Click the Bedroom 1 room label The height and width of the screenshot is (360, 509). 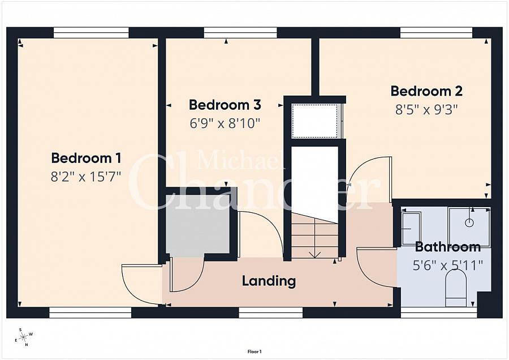point(86,158)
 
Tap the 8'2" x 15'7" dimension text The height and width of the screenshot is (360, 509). point(86,177)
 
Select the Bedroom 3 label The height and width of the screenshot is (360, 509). point(225,105)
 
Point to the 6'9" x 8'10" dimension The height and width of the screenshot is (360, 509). point(225,124)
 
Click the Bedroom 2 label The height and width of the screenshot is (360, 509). point(426,91)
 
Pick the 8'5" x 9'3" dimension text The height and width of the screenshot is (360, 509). point(426,110)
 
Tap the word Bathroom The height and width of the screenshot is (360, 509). point(448,247)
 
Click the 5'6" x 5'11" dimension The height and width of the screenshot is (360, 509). point(448,266)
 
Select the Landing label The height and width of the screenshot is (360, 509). point(269,281)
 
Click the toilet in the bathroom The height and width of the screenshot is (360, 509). point(456,288)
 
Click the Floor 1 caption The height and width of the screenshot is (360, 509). point(255,352)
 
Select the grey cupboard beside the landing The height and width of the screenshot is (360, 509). point(198,225)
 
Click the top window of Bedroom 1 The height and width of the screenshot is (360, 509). point(91,33)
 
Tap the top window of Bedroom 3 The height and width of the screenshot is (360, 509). point(240,33)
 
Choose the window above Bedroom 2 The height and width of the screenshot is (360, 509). point(436,33)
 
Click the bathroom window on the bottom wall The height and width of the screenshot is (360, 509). point(439,312)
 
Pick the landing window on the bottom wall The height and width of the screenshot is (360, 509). point(271,312)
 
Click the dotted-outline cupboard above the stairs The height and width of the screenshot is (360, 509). point(314,121)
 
